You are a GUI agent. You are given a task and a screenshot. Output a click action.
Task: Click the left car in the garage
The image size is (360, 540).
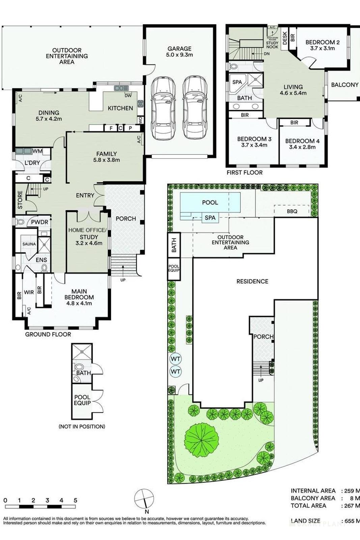click(x=163, y=108)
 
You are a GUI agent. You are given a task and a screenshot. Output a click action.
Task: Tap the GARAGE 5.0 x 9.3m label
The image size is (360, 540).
click(x=179, y=52)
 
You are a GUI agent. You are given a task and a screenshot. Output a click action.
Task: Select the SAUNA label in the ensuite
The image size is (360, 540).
click(x=29, y=244)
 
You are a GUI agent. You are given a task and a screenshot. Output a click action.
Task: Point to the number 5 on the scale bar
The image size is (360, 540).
click(x=75, y=500)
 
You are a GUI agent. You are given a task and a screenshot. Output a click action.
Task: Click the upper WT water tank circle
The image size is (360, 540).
click(x=175, y=358)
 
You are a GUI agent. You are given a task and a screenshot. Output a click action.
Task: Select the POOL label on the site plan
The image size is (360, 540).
click(x=210, y=202)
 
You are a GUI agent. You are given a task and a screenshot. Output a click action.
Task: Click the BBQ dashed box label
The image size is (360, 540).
click(x=292, y=211)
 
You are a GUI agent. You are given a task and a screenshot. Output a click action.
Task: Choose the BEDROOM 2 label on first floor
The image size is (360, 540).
click(x=322, y=45)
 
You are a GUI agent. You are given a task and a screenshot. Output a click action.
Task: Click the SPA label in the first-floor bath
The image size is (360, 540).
click(x=237, y=82)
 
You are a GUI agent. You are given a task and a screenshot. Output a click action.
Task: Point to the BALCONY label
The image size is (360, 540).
click(x=344, y=85)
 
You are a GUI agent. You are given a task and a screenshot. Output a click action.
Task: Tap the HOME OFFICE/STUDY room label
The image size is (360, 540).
click(x=87, y=236)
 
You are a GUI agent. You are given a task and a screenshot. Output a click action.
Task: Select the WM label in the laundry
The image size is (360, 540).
click(x=37, y=151)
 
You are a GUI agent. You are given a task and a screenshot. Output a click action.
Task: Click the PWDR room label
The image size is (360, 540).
click(x=39, y=222)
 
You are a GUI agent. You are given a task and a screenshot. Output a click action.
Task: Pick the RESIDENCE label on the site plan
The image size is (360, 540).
click(x=252, y=281)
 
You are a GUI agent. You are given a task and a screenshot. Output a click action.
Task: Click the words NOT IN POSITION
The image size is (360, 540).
click(x=82, y=427)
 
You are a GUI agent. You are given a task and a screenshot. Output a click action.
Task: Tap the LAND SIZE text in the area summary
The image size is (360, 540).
click(x=305, y=521)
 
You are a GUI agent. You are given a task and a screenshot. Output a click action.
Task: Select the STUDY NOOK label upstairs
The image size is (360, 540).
click(x=272, y=45)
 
